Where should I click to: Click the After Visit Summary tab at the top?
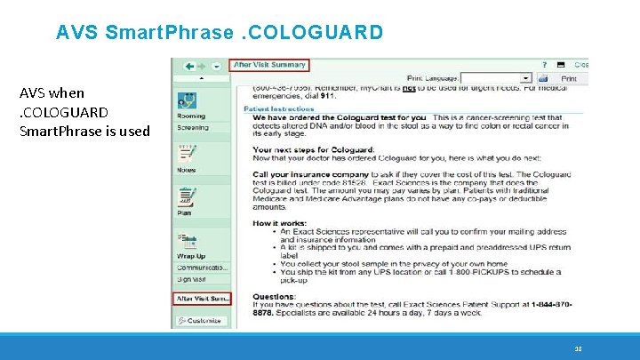268,64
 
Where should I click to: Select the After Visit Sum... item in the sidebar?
202,299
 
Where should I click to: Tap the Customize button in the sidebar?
202,320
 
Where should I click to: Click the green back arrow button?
189,66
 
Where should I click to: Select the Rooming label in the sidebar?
190,116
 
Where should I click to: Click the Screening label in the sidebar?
192,127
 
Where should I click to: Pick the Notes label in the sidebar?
186,170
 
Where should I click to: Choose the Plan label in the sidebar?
184,213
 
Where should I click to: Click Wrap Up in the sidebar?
191,256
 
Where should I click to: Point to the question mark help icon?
544,65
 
